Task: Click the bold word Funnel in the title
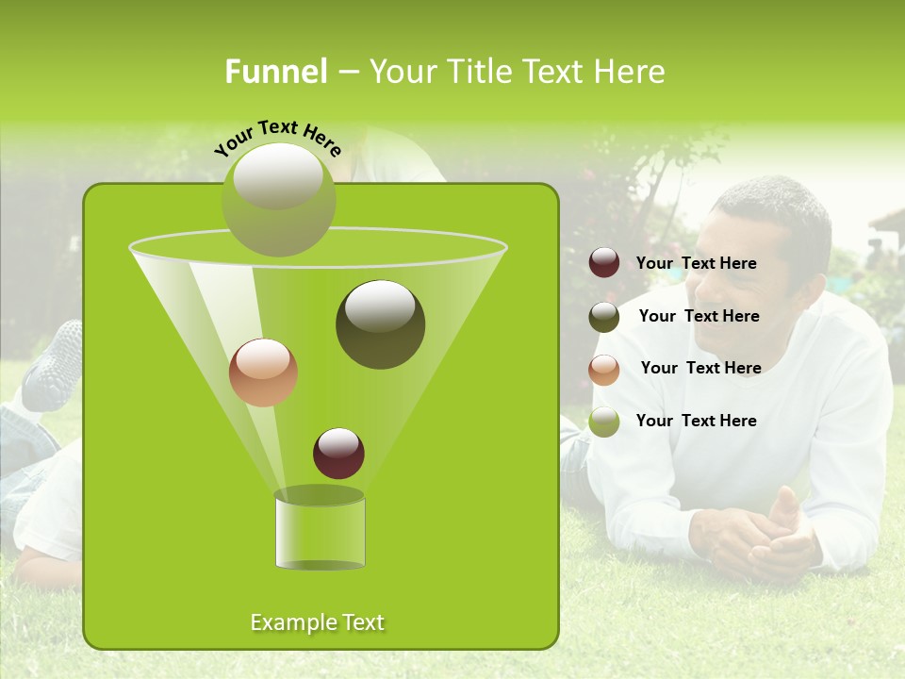(275, 72)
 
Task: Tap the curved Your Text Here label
(278, 137)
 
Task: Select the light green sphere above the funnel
(278, 199)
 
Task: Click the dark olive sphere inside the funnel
(380, 324)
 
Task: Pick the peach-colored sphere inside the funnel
(263, 373)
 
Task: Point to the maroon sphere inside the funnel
(338, 453)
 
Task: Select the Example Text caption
(317, 622)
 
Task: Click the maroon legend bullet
(604, 263)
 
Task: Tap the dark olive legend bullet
(604, 317)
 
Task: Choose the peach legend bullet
(604, 370)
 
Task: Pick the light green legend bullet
(604, 422)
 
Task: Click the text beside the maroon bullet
(696, 263)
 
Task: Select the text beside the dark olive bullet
(699, 316)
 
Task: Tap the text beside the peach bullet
(700, 368)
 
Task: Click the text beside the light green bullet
(696, 421)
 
